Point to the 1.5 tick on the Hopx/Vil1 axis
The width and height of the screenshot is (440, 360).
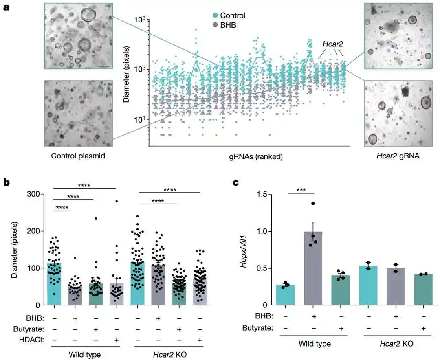267,195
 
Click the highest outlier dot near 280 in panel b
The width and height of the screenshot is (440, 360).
117,201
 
